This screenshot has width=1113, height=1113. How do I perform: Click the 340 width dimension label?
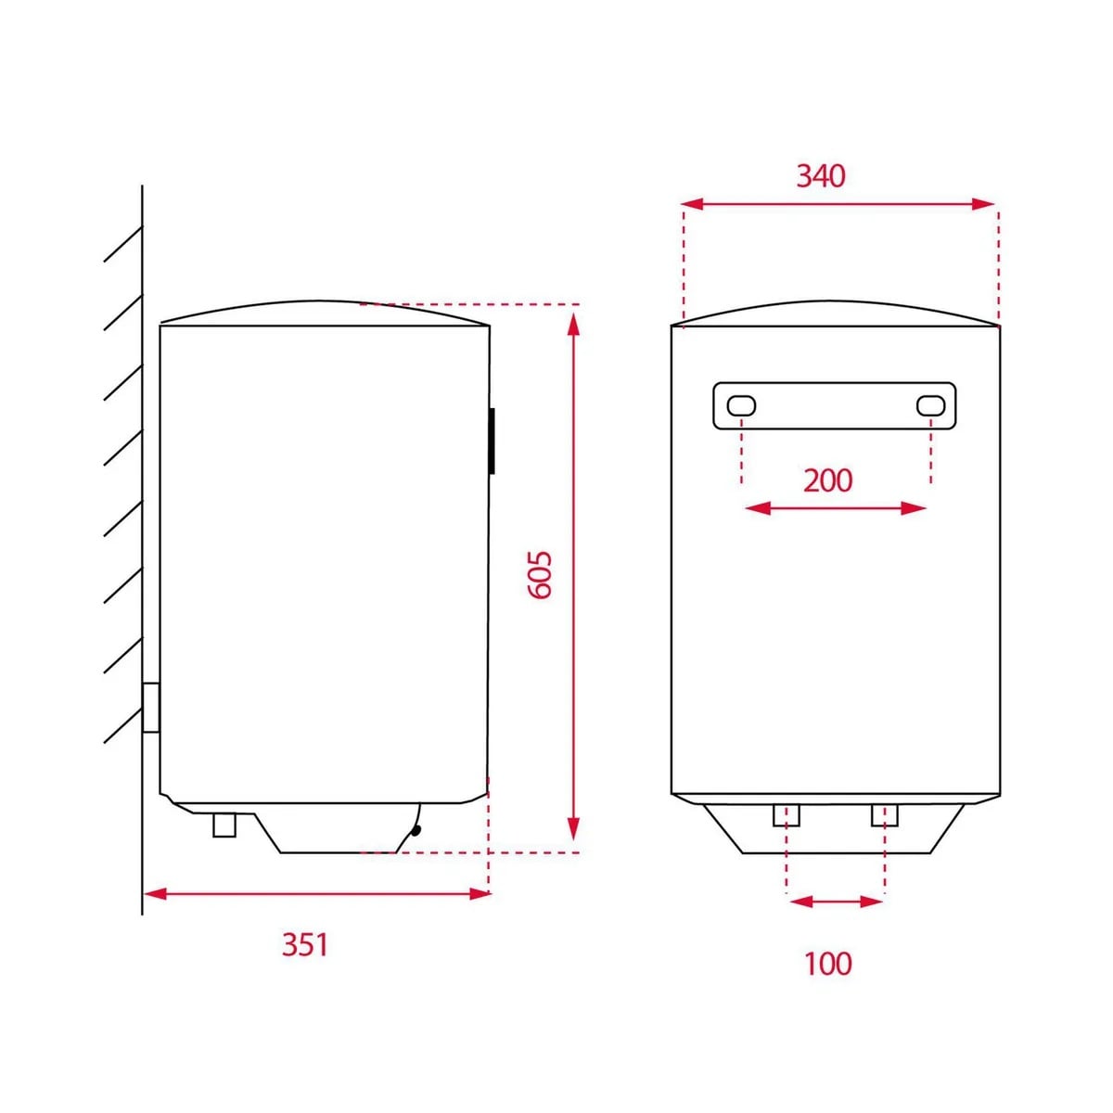pyautogui.click(x=820, y=176)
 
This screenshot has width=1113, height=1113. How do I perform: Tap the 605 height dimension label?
pyautogui.click(x=541, y=575)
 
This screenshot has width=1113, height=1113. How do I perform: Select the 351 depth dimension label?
pyautogui.click(x=304, y=945)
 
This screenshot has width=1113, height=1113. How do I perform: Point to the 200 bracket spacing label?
pyautogui.click(x=827, y=480)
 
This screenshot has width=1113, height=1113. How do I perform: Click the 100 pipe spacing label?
pyautogui.click(x=827, y=963)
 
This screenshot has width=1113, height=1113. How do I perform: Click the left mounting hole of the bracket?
pyautogui.click(x=741, y=405)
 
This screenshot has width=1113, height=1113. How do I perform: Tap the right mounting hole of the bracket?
pyautogui.click(x=930, y=405)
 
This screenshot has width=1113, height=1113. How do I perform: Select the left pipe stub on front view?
pyautogui.click(x=787, y=815)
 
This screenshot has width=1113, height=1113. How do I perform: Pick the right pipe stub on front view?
pyautogui.click(x=884, y=815)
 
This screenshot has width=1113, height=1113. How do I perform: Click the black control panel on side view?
pyautogui.click(x=492, y=441)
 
